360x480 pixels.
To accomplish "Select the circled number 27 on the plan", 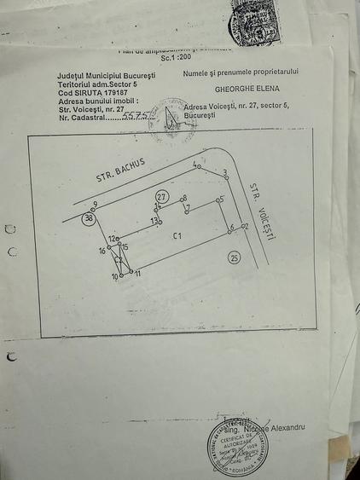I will pyautogui.click(x=161, y=197).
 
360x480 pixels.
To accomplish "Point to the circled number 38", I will pyautogui.click(x=89, y=219).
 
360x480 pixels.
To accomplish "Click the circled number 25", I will pyautogui.click(x=235, y=257).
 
